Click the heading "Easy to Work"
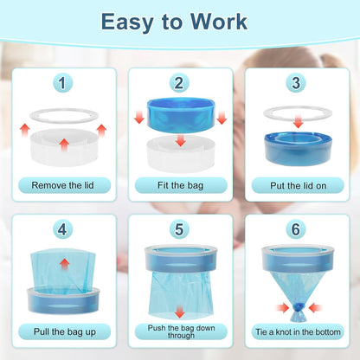click(180, 22)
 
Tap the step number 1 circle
click(61, 83)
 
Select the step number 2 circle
click(178, 83)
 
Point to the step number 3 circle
click(297, 83)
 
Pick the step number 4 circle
click(61, 230)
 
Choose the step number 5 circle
click(178, 230)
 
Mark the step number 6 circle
click(297, 230)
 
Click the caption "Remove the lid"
click(61, 184)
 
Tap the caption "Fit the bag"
click(179, 184)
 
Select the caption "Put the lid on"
click(297, 184)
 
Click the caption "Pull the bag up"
click(61, 331)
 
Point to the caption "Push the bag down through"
click(179, 331)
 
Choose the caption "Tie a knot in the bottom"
click(297, 331)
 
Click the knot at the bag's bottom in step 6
click(298, 305)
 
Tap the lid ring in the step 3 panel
click(297, 112)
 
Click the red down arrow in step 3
click(297, 125)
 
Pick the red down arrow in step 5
click(179, 310)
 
